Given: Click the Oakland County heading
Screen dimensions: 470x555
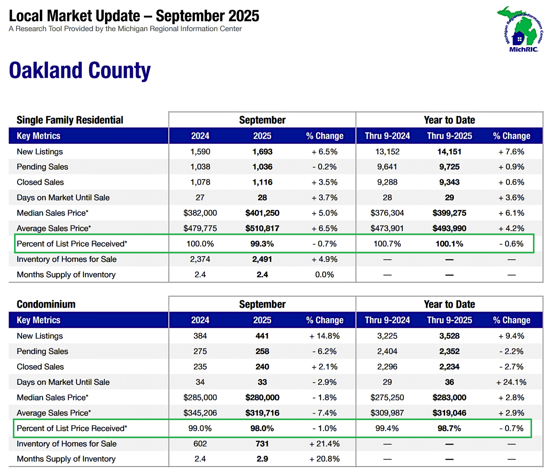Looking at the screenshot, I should tap(80, 70).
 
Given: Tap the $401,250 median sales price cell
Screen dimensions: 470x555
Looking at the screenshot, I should tap(262, 213).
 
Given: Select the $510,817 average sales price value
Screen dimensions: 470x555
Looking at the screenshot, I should tap(262, 228).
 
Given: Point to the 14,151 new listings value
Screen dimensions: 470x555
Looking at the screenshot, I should tap(449, 152).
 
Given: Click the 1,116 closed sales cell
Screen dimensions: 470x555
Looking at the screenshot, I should tap(262, 182).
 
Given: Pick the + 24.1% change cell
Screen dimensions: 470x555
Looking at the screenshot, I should tap(511, 382).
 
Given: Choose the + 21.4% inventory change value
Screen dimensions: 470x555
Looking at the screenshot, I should tap(324, 444).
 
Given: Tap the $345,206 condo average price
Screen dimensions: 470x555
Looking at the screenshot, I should tap(200, 413).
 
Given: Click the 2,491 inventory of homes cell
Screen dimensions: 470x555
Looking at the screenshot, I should tap(262, 259).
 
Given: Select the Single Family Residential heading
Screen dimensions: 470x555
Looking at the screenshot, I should tap(70, 120).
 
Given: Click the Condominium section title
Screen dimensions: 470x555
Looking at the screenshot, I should tap(46, 304).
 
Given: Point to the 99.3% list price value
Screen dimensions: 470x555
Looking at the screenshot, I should tap(262, 244).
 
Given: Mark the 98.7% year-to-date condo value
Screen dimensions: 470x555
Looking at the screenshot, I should tap(449, 428).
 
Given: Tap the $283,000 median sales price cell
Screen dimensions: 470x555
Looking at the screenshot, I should tap(449, 398).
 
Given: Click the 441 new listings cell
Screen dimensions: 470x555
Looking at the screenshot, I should tap(262, 336).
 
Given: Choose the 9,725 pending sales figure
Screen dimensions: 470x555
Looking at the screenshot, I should tap(449, 167).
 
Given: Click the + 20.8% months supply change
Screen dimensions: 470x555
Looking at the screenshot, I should tap(324, 459).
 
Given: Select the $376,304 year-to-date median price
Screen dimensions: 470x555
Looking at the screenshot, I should tap(387, 213).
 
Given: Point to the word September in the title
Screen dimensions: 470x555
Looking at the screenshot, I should tap(190, 16).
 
